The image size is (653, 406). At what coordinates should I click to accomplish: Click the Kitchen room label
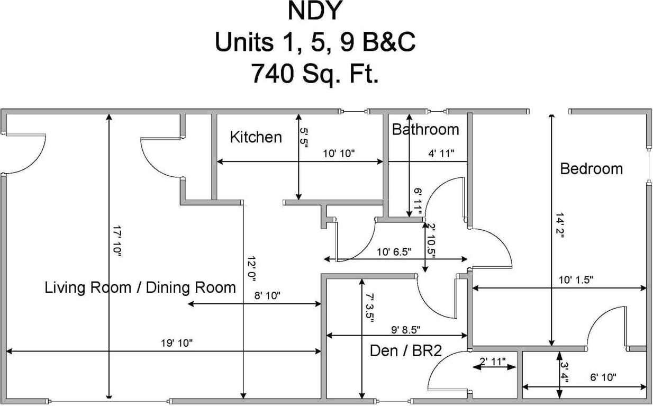click(x=256, y=137)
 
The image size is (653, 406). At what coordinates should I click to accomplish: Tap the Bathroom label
click(x=425, y=129)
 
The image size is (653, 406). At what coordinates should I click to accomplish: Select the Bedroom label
click(x=592, y=169)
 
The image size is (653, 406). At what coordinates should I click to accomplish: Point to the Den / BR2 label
click(x=406, y=350)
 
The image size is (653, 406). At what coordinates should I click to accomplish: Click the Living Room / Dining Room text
click(x=140, y=287)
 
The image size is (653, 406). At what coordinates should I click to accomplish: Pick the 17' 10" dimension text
click(x=117, y=241)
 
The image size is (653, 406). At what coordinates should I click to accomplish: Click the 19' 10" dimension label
click(x=177, y=343)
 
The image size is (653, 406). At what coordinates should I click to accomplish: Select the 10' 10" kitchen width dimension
click(x=339, y=153)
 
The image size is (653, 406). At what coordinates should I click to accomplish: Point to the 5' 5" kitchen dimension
click(x=304, y=138)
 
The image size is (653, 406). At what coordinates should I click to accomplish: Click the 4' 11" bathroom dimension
click(x=441, y=153)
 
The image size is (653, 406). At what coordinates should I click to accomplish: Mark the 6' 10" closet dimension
click(x=603, y=377)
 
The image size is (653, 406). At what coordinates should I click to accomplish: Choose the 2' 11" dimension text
click(x=493, y=362)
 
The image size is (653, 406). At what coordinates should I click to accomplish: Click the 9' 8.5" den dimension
click(x=405, y=330)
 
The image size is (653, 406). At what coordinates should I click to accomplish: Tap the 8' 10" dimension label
click(x=267, y=295)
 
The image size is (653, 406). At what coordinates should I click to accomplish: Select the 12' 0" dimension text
click(x=251, y=269)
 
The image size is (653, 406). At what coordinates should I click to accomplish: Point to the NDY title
click(x=315, y=11)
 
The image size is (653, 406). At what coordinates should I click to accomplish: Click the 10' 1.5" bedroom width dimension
click(x=576, y=280)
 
